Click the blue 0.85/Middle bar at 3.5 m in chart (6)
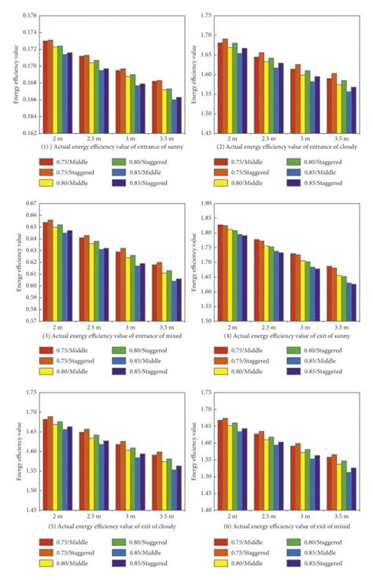[x=348, y=491]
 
